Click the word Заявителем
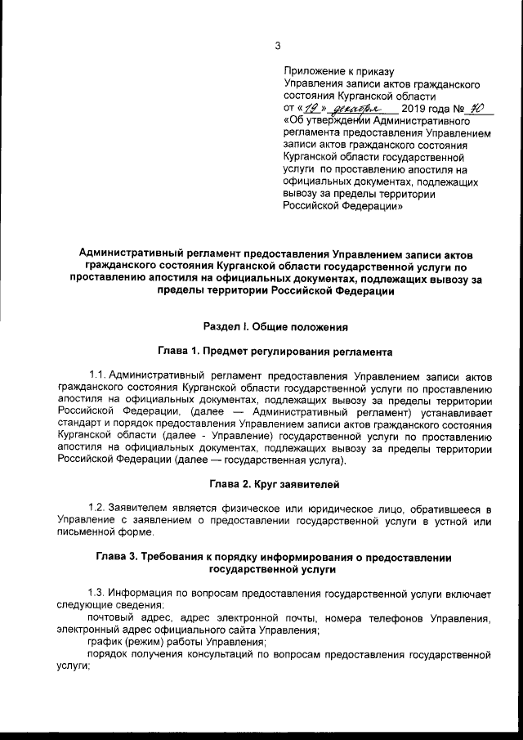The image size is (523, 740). (x=140, y=509)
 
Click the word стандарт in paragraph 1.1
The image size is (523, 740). (x=83, y=424)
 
